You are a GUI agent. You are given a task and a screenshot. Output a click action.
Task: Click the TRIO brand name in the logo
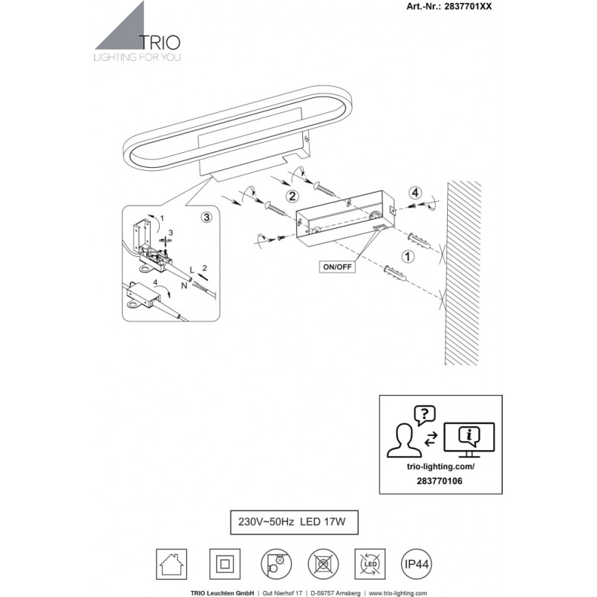160,42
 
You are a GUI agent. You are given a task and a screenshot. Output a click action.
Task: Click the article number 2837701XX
468,7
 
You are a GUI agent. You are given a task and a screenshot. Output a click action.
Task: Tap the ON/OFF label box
337,267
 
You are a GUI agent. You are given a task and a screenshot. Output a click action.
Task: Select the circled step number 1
408,257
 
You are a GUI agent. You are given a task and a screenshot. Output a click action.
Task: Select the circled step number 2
292,197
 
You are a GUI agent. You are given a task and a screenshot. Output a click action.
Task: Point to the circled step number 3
206,218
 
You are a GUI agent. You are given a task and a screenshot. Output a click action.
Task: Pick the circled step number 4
415,193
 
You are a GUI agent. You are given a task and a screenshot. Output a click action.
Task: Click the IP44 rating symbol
417,564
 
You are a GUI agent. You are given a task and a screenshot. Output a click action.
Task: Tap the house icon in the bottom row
172,564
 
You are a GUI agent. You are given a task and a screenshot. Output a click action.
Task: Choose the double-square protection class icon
225,564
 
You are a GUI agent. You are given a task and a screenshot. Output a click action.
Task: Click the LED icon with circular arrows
370,564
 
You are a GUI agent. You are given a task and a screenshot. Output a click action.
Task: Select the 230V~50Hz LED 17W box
294,522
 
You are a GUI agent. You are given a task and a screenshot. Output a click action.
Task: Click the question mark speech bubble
425,414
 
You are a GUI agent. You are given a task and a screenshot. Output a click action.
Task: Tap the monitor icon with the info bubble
469,440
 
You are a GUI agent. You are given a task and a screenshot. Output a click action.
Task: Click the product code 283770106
440,481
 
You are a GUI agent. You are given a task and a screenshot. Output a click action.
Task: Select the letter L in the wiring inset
192,270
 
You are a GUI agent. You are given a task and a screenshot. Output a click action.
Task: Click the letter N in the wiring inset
184,286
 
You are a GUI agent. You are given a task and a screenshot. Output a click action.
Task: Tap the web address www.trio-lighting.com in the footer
397,593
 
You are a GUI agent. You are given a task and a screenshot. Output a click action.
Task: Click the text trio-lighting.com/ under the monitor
441,466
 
